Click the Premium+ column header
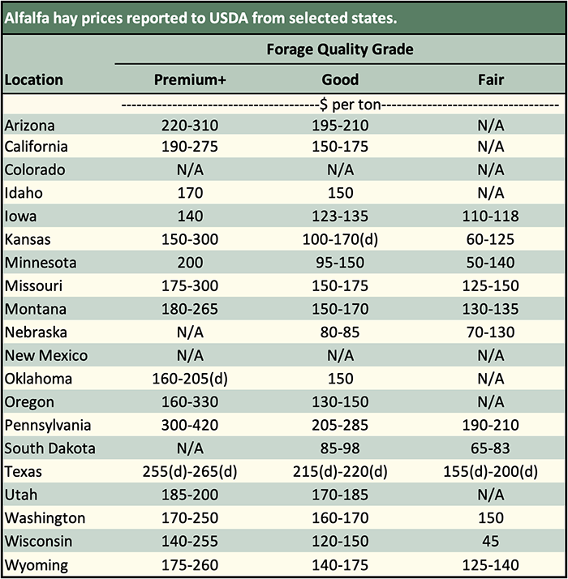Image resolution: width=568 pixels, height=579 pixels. coord(191,80)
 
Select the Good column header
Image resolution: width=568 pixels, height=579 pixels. coord(340,80)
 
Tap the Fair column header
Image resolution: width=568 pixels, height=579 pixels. coord(490,80)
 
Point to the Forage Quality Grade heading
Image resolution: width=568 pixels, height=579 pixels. coord(340,49)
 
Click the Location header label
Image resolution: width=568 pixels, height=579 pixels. coord(33,80)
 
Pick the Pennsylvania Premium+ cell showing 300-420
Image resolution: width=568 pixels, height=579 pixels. coord(191,425)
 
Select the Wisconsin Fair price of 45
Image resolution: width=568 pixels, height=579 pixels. coord(490,541)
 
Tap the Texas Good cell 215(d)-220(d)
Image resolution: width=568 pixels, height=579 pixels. coord(340,471)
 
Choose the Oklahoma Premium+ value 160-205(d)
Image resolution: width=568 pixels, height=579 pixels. coord(191,379)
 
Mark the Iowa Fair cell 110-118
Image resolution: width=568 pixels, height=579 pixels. coord(490,217)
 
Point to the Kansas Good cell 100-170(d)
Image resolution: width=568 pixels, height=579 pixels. coord(340,240)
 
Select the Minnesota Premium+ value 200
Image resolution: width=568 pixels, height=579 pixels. coord(191,263)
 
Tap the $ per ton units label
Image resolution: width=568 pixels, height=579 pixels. coord(340,105)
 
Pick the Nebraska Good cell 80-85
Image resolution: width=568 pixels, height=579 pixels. coord(340,332)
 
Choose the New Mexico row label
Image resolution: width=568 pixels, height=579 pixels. coord(46,356)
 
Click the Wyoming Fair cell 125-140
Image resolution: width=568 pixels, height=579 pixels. coord(490,564)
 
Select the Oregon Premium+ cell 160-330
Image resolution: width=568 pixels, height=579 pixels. coord(191,402)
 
